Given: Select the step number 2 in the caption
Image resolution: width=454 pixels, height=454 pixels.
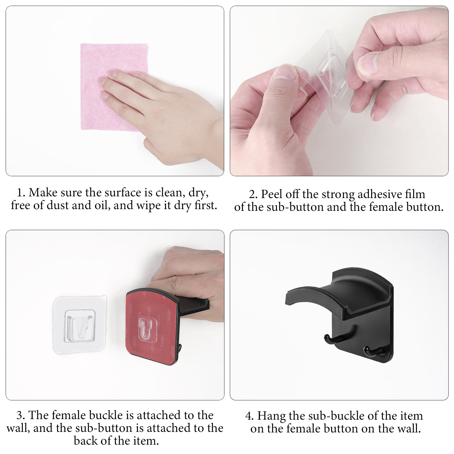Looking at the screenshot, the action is click(x=253, y=194).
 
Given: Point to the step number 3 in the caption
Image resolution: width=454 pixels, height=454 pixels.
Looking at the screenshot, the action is click(x=20, y=415).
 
